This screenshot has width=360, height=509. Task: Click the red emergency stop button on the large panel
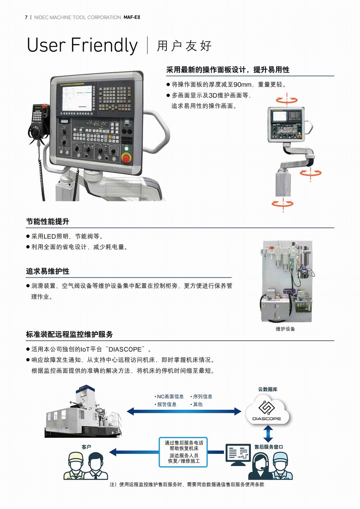coord(127,158)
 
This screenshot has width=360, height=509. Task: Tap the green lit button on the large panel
coord(126,149)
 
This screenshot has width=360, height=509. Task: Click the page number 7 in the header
coord(26,17)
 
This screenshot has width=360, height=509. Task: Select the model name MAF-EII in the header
coord(132,17)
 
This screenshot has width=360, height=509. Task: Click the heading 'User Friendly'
coord(82,45)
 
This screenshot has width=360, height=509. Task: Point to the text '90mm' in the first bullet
coord(242,84)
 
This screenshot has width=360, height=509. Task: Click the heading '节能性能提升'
coord(48,221)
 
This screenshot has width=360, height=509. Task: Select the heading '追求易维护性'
coord(48,271)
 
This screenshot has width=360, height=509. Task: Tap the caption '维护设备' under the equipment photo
coord(285,329)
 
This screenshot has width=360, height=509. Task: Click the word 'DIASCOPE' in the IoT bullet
coord(125,349)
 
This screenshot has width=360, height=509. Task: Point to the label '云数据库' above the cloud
coord(268,389)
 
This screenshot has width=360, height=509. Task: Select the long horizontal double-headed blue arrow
coord(184,411)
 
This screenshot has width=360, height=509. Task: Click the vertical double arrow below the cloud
coord(269,434)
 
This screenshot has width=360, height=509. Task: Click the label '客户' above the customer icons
coord(86,447)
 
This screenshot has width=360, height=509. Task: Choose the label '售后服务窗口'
coord(269,447)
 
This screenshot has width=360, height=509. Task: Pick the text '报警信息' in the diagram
coord(166,404)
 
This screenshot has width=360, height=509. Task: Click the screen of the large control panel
coord(77,98)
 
